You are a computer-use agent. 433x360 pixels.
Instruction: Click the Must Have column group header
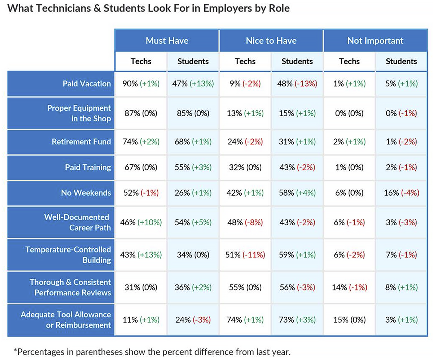click(167, 41)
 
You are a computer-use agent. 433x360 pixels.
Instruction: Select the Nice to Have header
click(271, 41)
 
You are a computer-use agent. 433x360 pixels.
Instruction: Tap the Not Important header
click(375, 41)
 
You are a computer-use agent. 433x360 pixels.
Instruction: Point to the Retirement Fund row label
click(81, 142)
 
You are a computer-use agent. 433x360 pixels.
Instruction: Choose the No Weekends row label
click(86, 193)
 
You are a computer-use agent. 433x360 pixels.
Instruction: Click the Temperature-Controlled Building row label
click(68, 255)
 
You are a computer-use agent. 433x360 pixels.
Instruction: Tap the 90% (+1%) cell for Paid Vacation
click(141, 84)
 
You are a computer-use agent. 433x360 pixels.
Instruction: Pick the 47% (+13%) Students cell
click(193, 84)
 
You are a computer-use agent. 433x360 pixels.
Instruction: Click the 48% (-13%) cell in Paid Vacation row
click(297, 84)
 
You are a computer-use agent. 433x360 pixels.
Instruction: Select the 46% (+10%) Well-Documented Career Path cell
click(141, 222)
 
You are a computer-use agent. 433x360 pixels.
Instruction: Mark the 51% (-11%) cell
click(245, 255)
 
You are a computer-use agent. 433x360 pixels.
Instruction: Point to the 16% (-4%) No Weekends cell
click(401, 193)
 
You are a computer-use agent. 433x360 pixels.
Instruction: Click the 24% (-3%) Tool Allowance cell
click(193, 320)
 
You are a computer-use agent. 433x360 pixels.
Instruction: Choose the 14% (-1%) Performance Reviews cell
click(349, 287)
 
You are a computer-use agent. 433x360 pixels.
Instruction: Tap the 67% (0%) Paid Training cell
click(141, 168)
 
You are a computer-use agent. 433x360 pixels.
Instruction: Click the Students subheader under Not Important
click(401, 61)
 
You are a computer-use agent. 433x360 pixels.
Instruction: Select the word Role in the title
click(279, 8)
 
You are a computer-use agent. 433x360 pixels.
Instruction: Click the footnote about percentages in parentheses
click(152, 351)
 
